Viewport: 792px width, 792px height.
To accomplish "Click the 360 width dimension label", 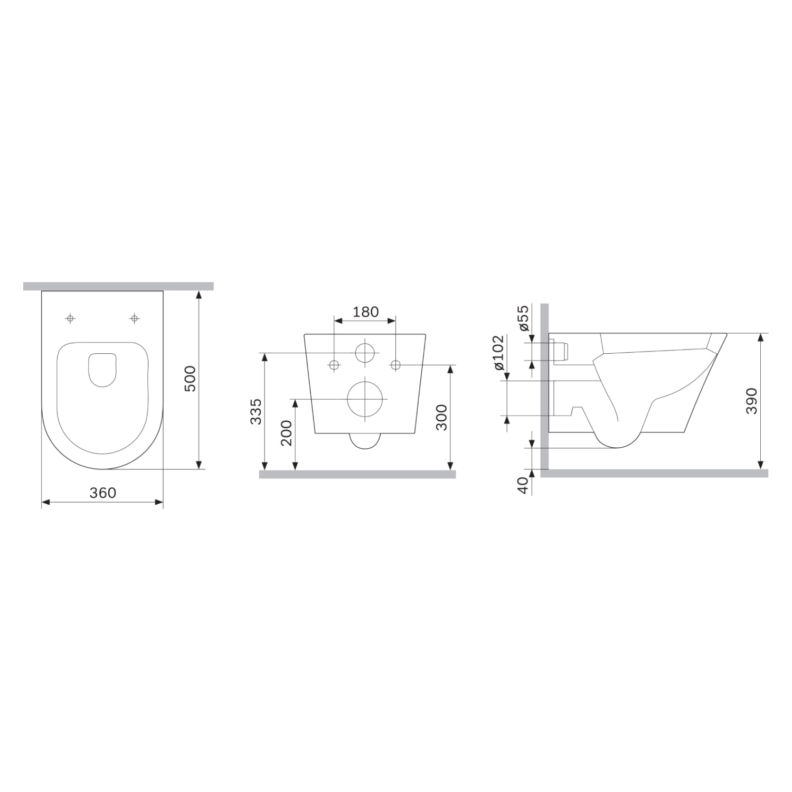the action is click(102, 493).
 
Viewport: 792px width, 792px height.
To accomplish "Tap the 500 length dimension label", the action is click(190, 379).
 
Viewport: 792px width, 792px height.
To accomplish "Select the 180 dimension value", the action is click(365, 312).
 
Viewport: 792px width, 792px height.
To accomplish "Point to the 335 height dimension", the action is click(255, 411).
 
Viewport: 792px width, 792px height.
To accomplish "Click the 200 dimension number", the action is click(286, 432).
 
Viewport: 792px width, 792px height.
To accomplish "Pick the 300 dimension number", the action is click(441, 417).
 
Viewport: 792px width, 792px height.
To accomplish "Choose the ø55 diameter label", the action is click(524, 318).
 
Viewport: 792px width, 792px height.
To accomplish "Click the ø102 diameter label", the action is click(498, 352).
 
